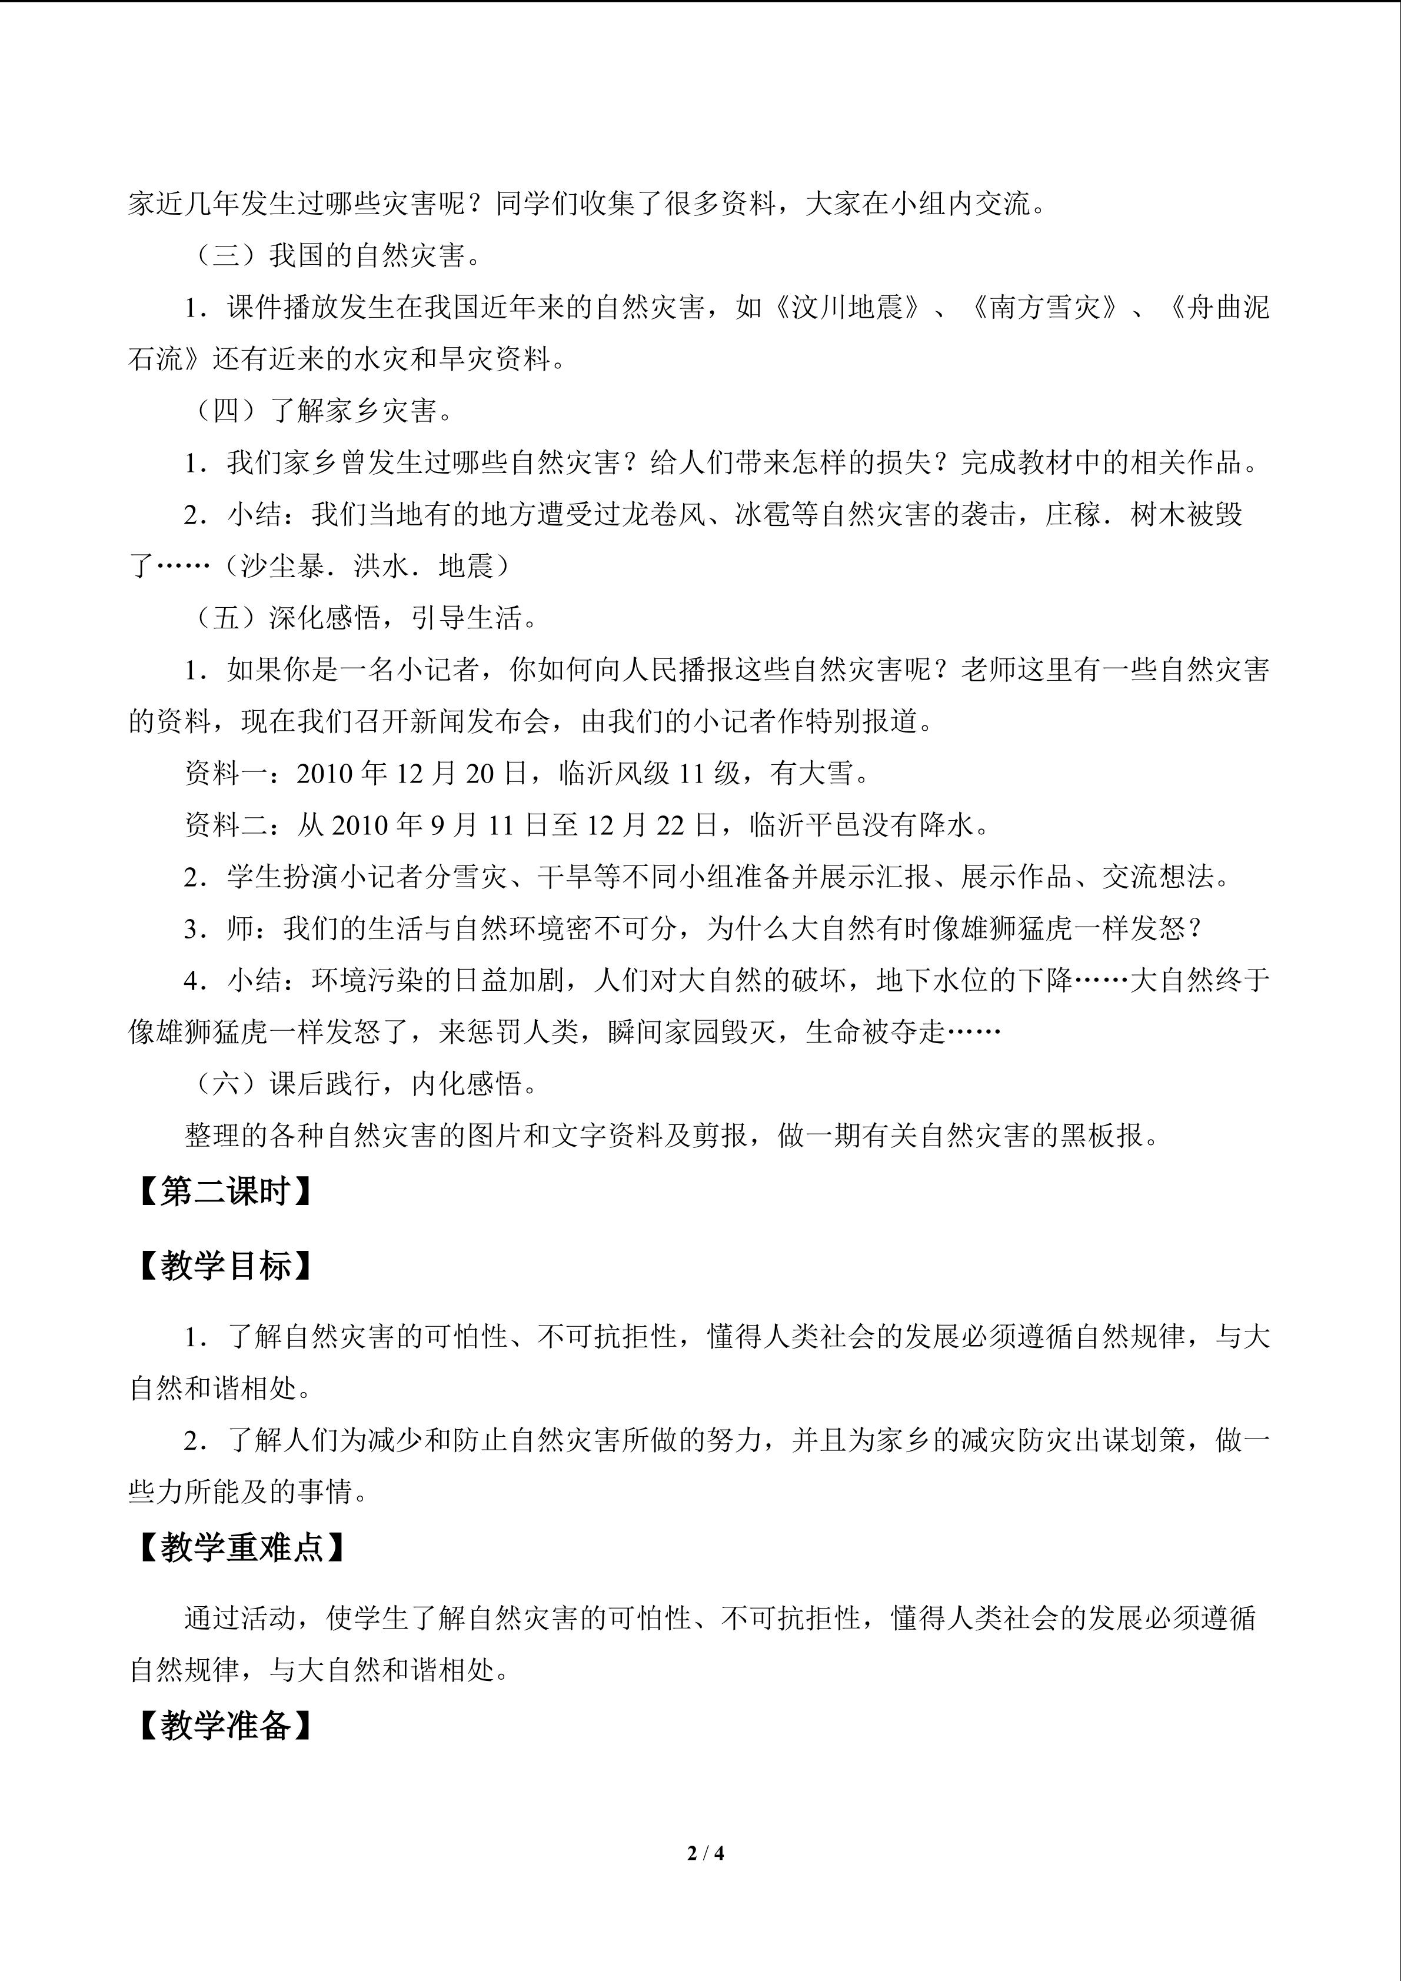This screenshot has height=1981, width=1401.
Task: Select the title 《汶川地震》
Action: [x=848, y=308]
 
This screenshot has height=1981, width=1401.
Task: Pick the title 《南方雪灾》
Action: [x=1046, y=308]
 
